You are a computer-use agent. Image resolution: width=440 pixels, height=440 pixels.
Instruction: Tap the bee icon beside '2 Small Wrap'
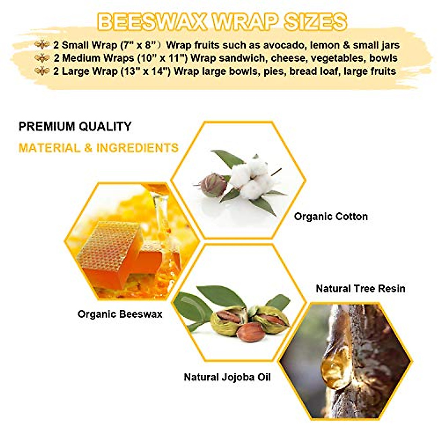pyautogui.click(x=42, y=45)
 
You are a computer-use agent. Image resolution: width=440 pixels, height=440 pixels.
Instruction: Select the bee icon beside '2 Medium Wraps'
pyautogui.click(x=42, y=58)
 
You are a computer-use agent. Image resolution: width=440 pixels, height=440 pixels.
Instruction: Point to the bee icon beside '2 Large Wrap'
pyautogui.click(x=42, y=71)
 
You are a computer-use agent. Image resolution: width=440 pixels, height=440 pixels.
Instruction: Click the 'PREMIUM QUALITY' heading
pyautogui.click(x=75, y=126)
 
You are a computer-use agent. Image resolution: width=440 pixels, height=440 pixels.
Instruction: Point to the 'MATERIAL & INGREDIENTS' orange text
pyautogui.click(x=98, y=148)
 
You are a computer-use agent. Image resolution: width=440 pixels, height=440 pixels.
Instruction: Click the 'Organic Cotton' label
pyautogui.click(x=331, y=216)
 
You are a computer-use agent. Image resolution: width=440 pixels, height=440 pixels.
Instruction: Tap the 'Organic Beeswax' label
pyautogui.click(x=120, y=314)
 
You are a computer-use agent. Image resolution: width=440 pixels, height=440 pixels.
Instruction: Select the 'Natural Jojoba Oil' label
pyautogui.click(x=227, y=377)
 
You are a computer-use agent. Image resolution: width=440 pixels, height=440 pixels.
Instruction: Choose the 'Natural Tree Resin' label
pyautogui.click(x=360, y=289)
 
